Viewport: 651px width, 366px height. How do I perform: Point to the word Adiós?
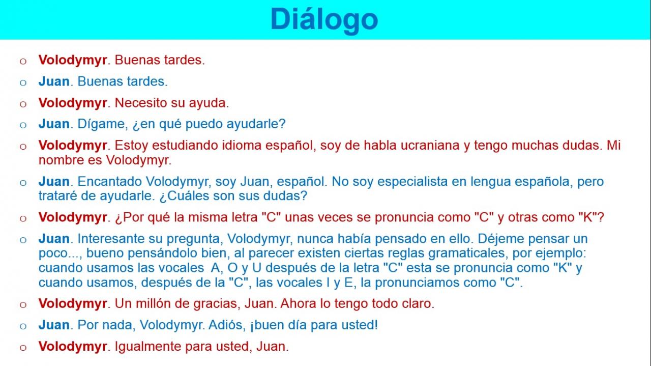click(x=227, y=325)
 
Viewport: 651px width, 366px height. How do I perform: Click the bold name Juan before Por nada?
click(x=54, y=325)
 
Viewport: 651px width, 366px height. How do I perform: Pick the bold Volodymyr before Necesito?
click(x=73, y=103)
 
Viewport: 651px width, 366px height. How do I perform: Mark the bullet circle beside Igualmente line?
click(x=23, y=348)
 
